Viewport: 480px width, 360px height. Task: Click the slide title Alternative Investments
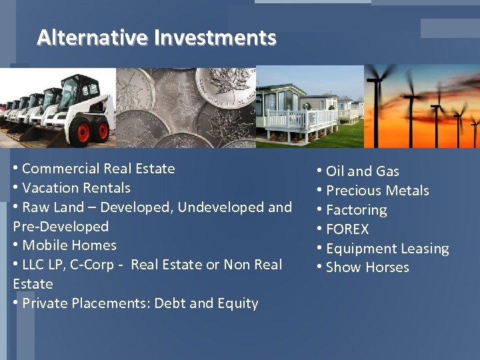pos(156,37)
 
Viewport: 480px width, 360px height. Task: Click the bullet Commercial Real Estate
pos(98,169)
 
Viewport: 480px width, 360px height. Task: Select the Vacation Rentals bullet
pos(76,188)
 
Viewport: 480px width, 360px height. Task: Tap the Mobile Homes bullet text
pos(69,245)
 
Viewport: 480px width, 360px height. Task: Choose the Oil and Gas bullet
pos(362,171)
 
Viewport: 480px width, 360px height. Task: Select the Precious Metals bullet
pos(377,191)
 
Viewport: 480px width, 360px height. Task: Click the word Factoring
pos(356,210)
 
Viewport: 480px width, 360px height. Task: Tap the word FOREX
pos(347,229)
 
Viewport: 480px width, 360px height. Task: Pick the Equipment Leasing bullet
pos(387,249)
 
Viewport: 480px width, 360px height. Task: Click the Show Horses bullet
pos(367,267)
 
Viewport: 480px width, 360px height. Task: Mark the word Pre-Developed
pos(61,227)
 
